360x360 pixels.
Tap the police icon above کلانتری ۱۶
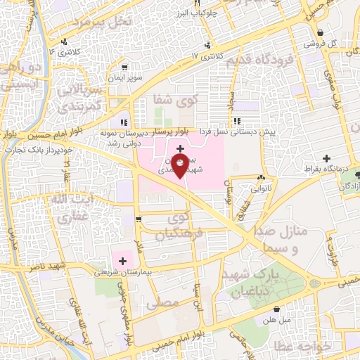[65, 41]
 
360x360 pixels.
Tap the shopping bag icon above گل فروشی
[320, 33]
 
